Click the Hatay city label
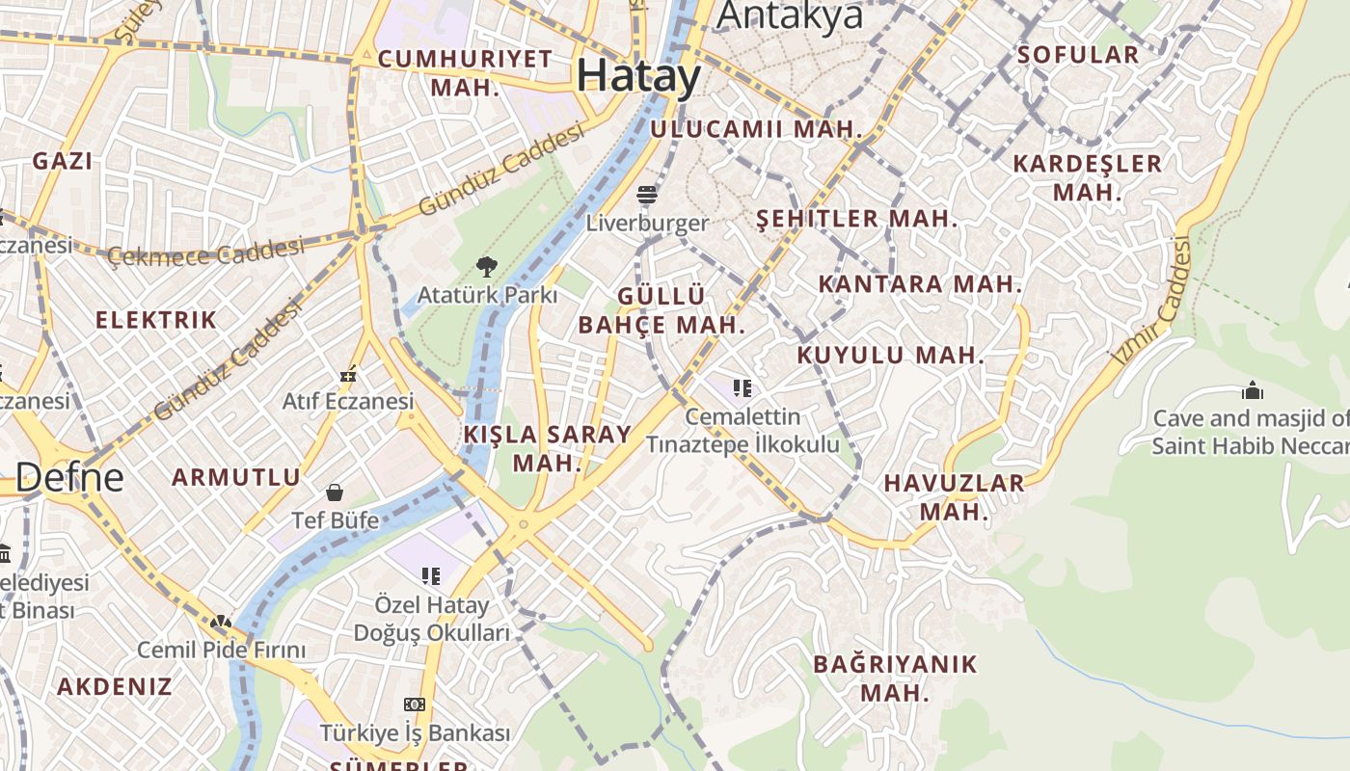638,76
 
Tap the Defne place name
69,476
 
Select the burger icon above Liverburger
647,196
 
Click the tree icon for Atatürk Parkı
487,266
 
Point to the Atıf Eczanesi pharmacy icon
348,374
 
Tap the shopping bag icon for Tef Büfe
335,493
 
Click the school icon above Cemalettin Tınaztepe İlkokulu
742,388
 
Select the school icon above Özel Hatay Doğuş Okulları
431,576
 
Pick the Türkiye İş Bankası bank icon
415,705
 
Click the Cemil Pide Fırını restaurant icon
221,623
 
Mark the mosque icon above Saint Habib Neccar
1253,390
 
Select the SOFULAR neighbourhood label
1078,54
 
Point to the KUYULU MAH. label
890,355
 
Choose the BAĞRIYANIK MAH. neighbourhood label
894,678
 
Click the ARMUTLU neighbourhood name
236,476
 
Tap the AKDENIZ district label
114,686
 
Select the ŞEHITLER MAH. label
856,219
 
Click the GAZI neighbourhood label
63,161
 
